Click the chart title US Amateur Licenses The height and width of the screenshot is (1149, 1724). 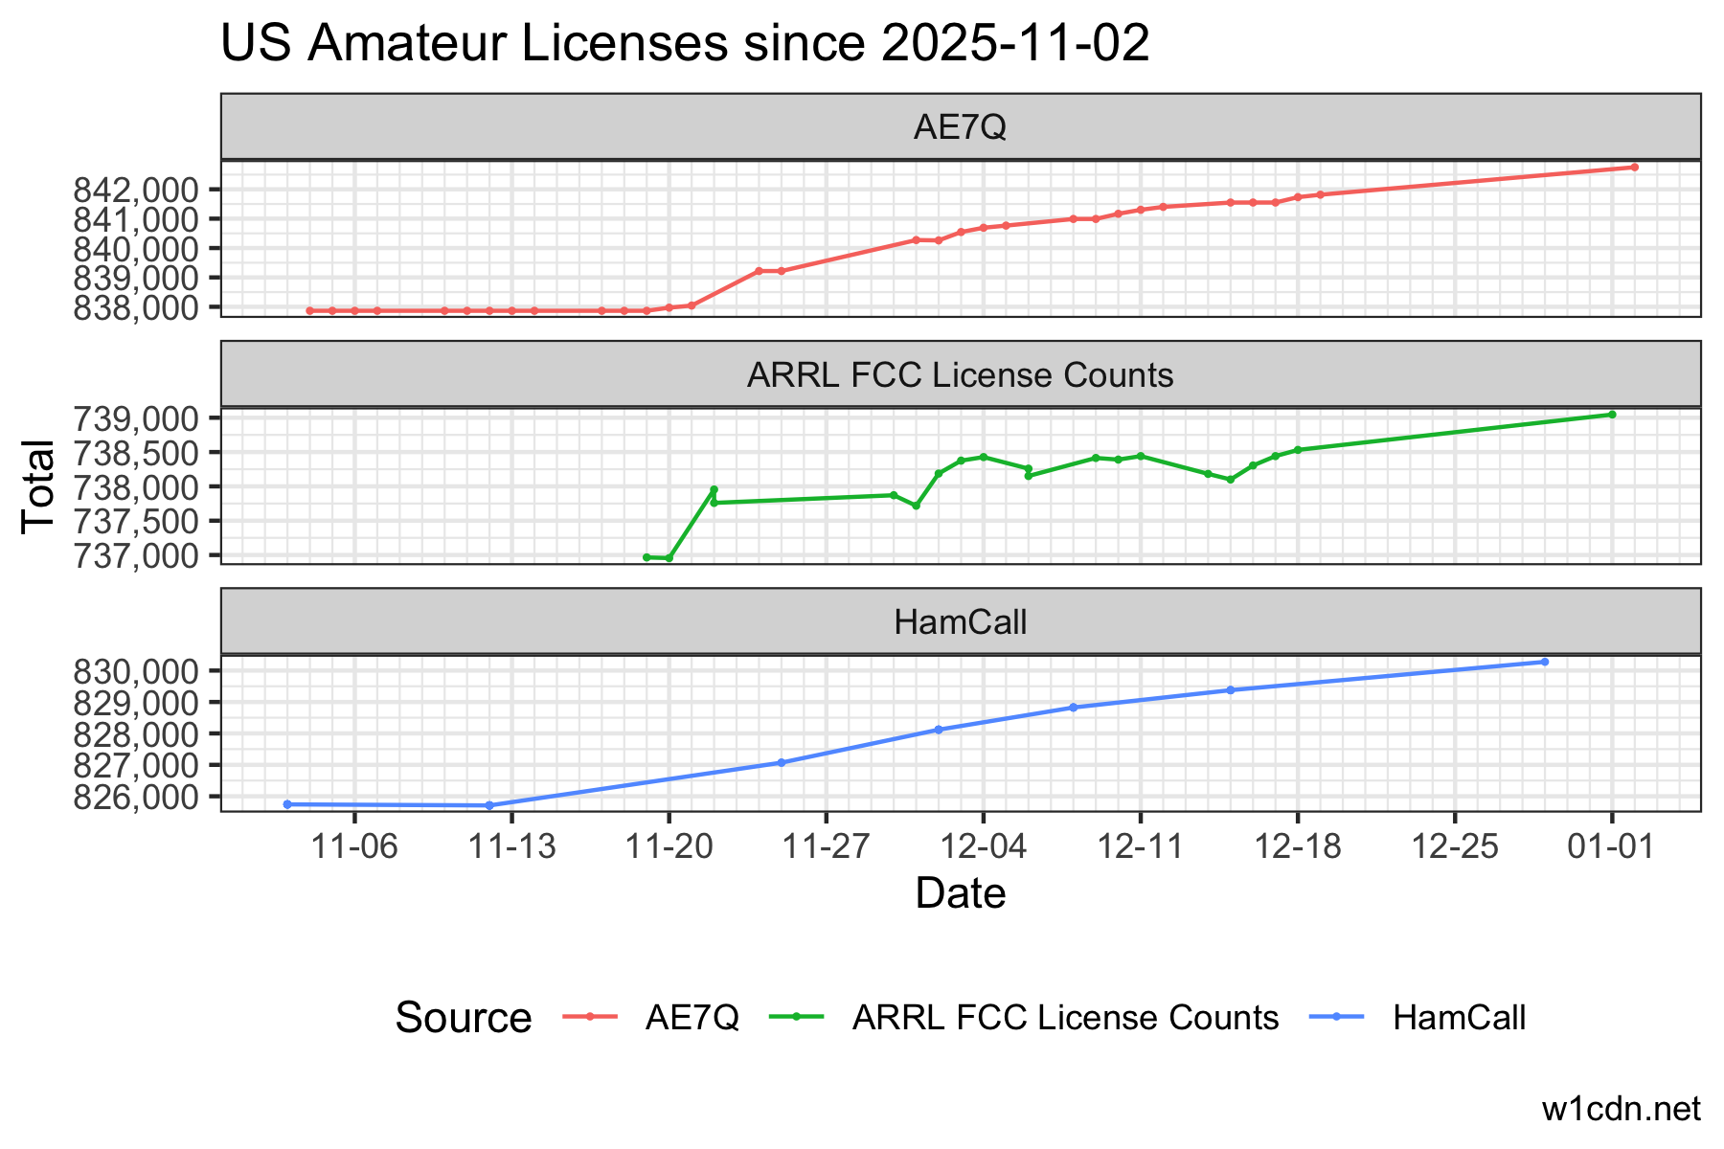[x=684, y=45]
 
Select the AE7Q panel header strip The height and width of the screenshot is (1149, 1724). [x=960, y=127]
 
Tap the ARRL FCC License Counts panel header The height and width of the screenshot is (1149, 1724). [x=960, y=374]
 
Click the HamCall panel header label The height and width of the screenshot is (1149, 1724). [x=960, y=622]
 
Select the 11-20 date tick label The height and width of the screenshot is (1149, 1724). [x=669, y=846]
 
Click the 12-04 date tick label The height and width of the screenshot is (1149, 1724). [x=983, y=846]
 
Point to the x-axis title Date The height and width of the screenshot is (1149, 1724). [x=960, y=893]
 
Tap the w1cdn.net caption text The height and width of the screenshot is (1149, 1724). [x=1621, y=1109]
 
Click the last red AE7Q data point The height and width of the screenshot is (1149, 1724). [x=1635, y=168]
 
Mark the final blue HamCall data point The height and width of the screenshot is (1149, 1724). [x=1545, y=662]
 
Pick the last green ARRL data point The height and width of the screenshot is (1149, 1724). [x=1613, y=415]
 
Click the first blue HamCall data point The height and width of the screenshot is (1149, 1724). [x=287, y=804]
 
